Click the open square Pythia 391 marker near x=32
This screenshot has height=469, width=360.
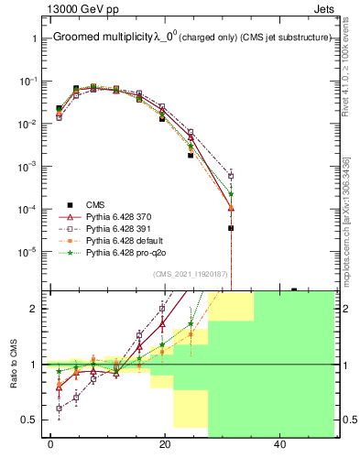click(x=231, y=176)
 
